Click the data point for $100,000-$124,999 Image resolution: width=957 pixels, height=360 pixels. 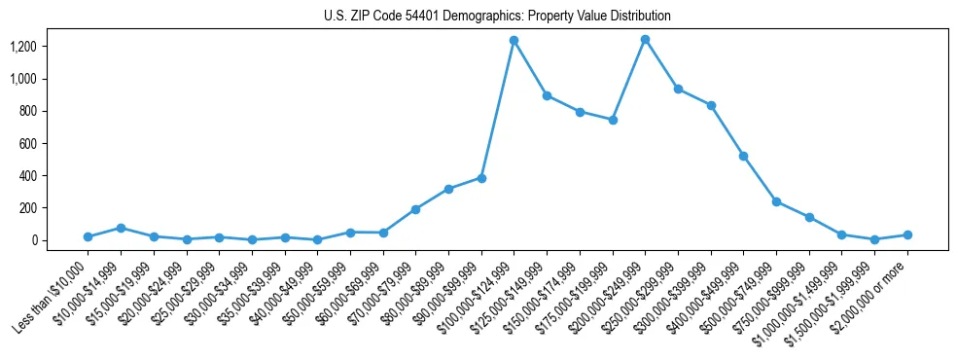click(514, 40)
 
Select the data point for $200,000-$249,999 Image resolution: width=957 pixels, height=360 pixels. click(645, 39)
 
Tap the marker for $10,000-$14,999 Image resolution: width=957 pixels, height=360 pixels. click(121, 228)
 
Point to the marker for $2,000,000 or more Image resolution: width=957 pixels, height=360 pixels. click(907, 234)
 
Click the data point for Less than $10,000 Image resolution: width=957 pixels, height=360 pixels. click(88, 236)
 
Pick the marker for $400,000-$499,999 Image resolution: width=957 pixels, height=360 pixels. click(743, 156)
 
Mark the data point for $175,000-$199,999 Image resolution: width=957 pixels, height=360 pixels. click(612, 120)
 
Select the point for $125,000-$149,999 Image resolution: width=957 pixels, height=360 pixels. click(547, 95)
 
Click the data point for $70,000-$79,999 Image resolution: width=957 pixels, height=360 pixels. click(415, 209)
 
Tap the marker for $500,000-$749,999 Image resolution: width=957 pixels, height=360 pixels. click(776, 201)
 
